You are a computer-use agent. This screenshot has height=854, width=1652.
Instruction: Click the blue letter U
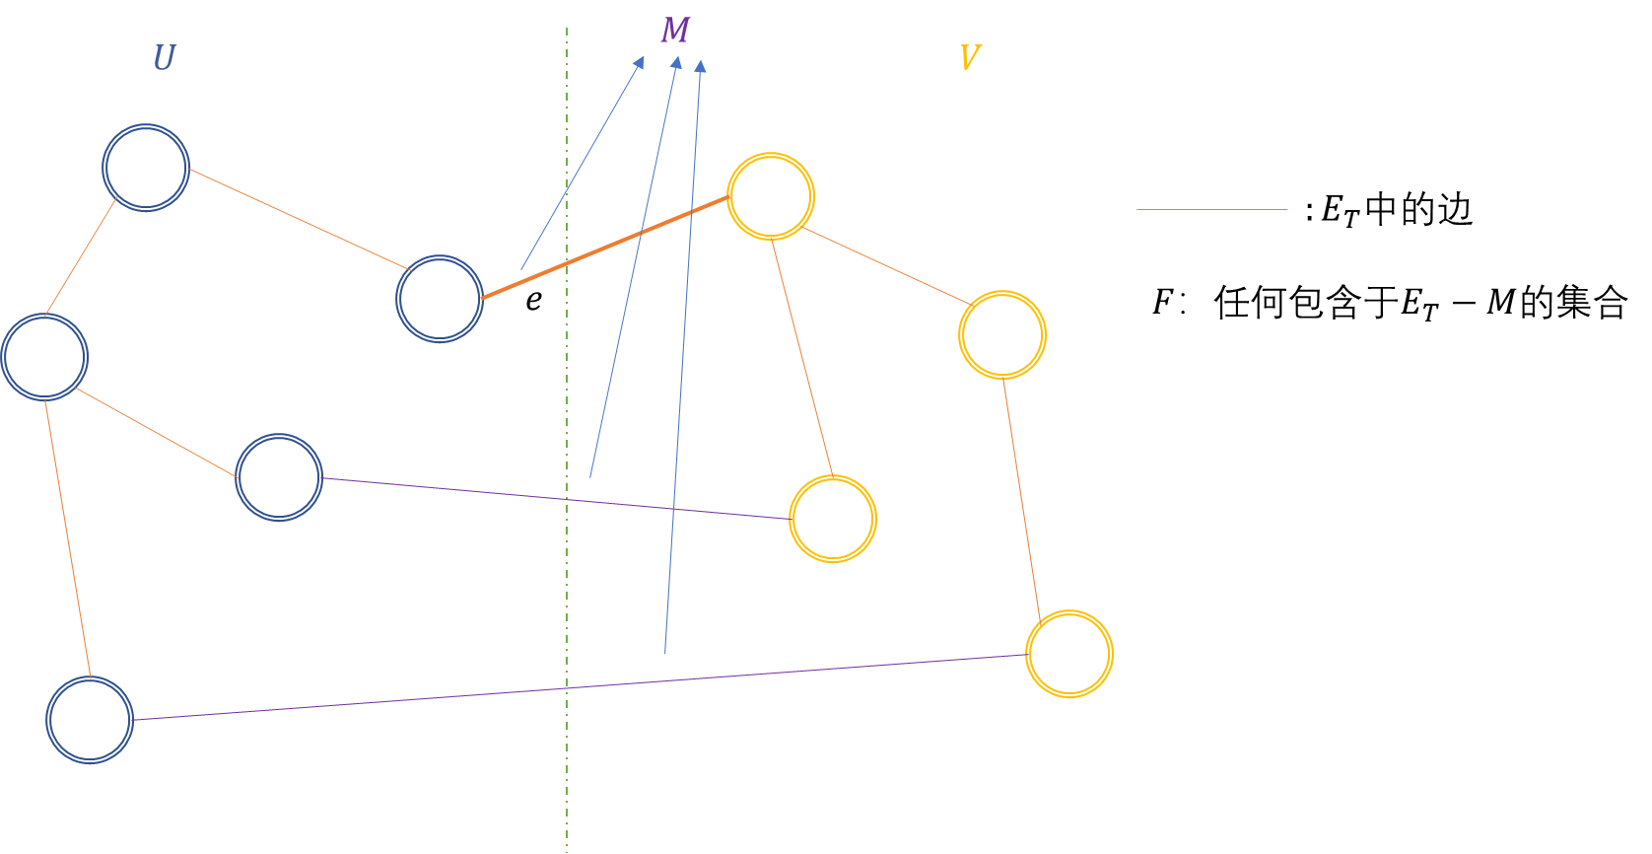pyautogui.click(x=164, y=58)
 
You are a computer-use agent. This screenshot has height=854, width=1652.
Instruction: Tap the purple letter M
pyautogui.click(x=675, y=31)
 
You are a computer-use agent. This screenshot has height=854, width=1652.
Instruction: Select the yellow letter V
pyautogui.click(x=969, y=57)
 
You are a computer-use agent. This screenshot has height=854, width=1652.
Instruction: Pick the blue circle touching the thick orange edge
pyautogui.click(x=440, y=299)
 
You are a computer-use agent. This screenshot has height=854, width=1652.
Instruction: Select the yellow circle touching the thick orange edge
pyautogui.click(x=771, y=196)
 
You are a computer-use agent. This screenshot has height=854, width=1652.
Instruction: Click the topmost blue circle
pyautogui.click(x=146, y=168)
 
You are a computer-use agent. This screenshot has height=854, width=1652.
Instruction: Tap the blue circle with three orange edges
pyautogui.click(x=44, y=357)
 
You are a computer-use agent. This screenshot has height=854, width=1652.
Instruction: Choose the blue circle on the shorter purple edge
pyautogui.click(x=279, y=477)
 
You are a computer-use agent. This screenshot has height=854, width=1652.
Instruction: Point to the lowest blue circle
pyautogui.click(x=90, y=720)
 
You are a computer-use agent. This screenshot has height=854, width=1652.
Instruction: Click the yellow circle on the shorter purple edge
pyautogui.click(x=833, y=519)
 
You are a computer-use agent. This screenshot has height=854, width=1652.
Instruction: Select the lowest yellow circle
pyautogui.click(x=1069, y=654)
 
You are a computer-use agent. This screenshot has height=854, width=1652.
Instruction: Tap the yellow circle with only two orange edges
pyautogui.click(x=1002, y=335)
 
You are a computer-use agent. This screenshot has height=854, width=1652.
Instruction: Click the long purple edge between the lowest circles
pyautogui.click(x=580, y=687)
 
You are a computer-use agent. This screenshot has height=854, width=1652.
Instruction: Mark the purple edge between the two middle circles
pyautogui.click(x=556, y=498)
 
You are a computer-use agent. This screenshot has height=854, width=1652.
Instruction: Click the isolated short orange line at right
pyautogui.click(x=1211, y=209)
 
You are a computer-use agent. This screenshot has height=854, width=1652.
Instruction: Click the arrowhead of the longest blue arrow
pyautogui.click(x=700, y=66)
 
